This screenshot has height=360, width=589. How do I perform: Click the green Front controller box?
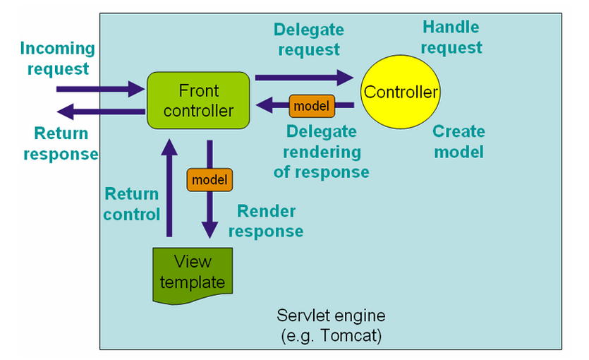[x=198, y=100]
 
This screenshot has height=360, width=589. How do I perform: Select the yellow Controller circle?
[x=400, y=92]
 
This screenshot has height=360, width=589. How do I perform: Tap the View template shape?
[x=193, y=273]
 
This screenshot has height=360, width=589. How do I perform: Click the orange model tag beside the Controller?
[x=312, y=107]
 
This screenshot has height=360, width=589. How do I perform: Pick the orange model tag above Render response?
[x=210, y=179]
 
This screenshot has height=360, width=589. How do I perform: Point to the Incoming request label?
[x=56, y=59]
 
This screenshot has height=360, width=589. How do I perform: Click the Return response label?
[x=61, y=143]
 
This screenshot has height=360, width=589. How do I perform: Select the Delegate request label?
[x=309, y=40]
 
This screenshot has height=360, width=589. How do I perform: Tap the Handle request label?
[x=451, y=37]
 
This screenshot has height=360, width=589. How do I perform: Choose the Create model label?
[x=459, y=141]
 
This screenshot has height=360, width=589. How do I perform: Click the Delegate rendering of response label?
[x=321, y=151]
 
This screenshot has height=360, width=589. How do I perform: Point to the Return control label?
[x=132, y=203]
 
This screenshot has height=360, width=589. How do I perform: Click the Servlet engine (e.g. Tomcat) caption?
[x=331, y=325]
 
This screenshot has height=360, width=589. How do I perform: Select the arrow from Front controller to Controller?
[x=304, y=76]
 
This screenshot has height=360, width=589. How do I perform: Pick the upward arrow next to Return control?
[x=169, y=187]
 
